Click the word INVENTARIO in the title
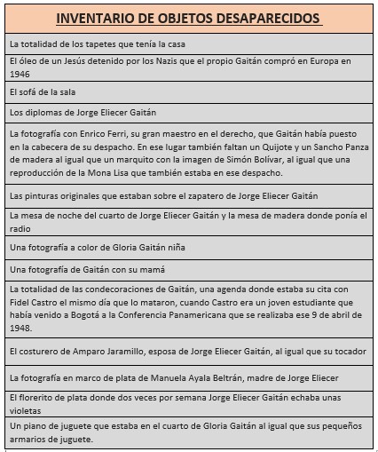coord(91,19)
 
